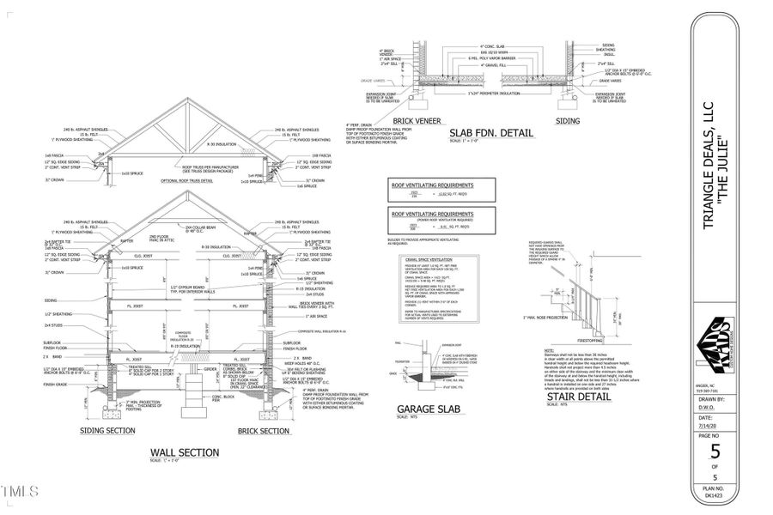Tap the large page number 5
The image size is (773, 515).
tap(714, 449)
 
